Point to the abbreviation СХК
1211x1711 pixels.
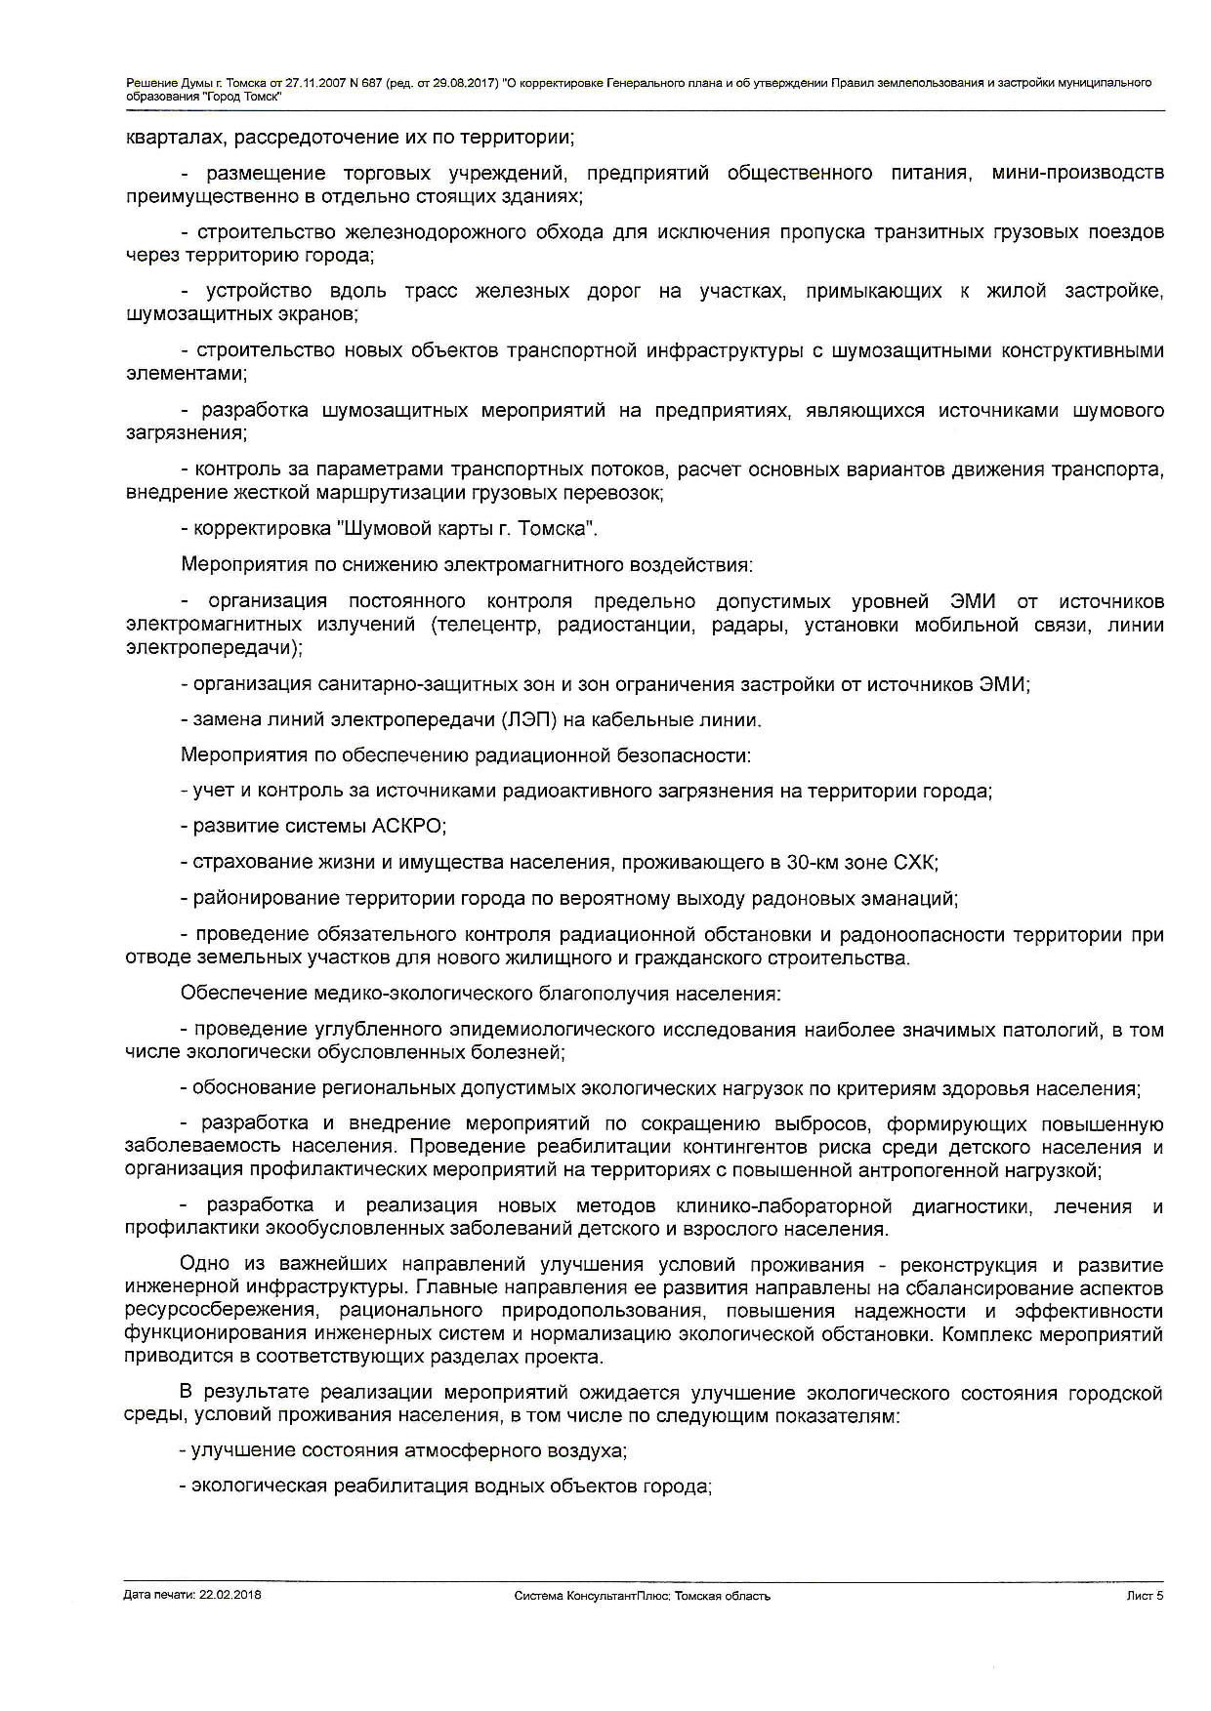(915, 863)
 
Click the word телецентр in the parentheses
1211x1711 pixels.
(486, 625)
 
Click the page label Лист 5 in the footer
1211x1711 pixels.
(1145, 1596)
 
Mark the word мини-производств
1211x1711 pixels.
(1077, 173)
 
